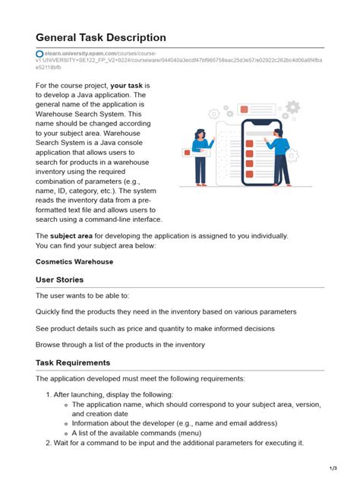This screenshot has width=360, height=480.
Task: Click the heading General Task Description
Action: click(100, 38)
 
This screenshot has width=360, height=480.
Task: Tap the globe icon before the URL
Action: click(39, 53)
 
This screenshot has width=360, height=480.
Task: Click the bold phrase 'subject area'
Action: click(76, 235)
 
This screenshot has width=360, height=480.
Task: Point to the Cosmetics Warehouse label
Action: click(74, 261)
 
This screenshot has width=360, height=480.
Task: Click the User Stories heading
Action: click(60, 279)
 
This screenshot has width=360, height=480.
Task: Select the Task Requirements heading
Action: click(73, 362)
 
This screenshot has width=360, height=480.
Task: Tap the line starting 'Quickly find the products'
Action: click(166, 311)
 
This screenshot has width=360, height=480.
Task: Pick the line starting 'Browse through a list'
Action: click(120, 344)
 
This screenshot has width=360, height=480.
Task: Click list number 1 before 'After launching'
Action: click(47, 395)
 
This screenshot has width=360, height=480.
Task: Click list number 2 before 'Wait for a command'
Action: click(47, 443)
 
